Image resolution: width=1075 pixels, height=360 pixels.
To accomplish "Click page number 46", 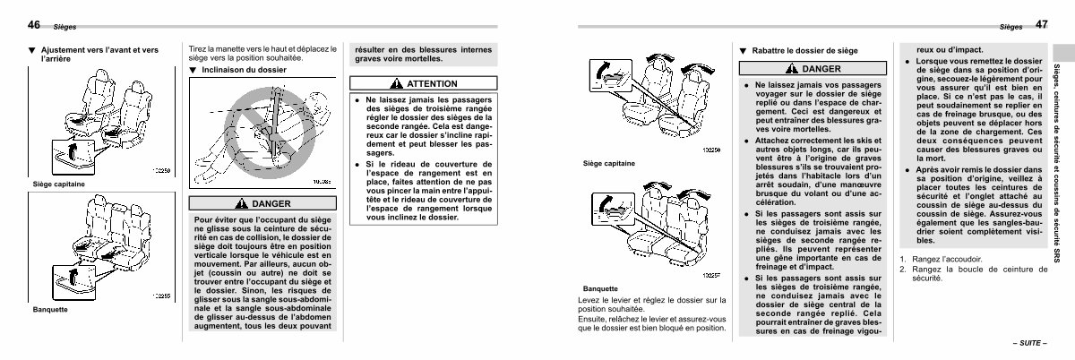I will tap(33, 24).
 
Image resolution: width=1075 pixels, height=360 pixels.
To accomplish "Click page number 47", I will tap(1041, 24).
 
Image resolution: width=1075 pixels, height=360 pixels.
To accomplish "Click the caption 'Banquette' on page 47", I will tap(601, 289).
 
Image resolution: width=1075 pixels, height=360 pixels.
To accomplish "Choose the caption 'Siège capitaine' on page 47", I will tap(609, 164).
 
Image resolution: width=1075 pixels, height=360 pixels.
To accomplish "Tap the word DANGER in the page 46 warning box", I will tap(271, 203).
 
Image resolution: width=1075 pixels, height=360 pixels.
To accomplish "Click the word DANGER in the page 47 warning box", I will tap(821, 69).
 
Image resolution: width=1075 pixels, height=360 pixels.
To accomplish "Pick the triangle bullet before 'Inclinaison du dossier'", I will tap(192, 70).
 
